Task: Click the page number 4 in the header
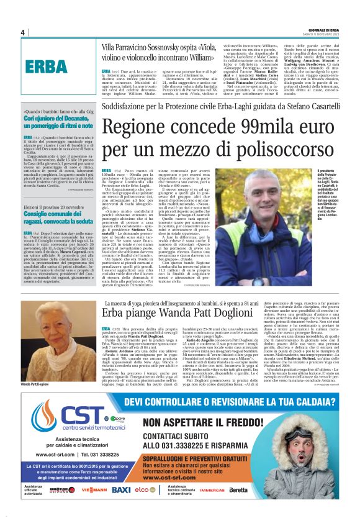click(x=22, y=32)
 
